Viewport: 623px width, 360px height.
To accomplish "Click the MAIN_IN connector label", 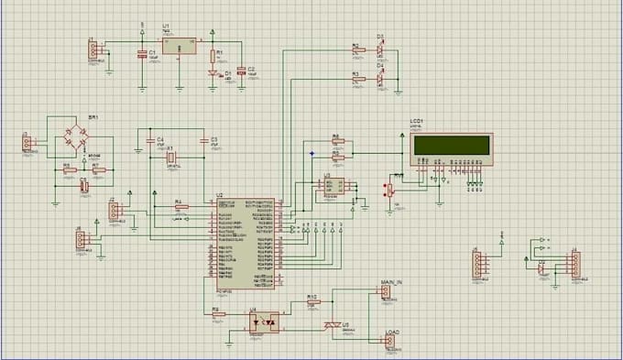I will [x=390, y=283].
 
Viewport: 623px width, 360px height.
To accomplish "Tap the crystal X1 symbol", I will [x=170, y=157].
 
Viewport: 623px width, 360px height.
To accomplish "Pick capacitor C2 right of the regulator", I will [x=240, y=71].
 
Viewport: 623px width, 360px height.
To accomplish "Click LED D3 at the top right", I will [x=380, y=49].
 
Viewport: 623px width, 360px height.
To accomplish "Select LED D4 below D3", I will [x=380, y=78].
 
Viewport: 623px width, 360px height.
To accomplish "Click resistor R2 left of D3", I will [x=357, y=49].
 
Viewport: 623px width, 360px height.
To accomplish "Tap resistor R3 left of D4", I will [x=357, y=79].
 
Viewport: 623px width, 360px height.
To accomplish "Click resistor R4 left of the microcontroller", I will [x=180, y=207].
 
